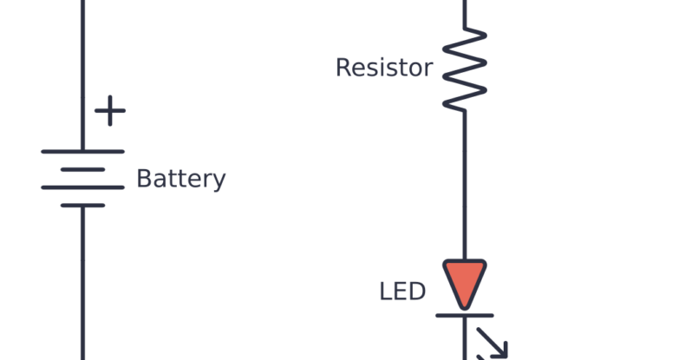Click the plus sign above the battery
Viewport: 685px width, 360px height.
pyautogui.click(x=109, y=111)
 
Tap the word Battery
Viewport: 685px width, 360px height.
pyautogui.click(x=181, y=180)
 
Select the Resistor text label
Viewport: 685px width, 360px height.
pyautogui.click(x=383, y=68)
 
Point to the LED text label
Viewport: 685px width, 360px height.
pyautogui.click(x=402, y=291)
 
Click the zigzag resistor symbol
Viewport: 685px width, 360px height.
pyautogui.click(x=465, y=68)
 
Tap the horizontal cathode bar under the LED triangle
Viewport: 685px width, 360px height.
pyautogui.click(x=465, y=315)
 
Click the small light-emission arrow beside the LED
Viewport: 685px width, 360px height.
pyautogui.click(x=493, y=344)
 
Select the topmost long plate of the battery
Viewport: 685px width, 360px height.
pyautogui.click(x=82, y=152)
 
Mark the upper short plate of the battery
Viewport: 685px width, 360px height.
pyautogui.click(x=82, y=169)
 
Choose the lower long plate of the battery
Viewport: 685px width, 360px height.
pyautogui.click(x=82, y=187)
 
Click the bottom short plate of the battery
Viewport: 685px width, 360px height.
pyautogui.click(x=82, y=206)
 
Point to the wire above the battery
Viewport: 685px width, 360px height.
pyautogui.click(x=82, y=69)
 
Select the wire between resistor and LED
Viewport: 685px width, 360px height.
pyautogui.click(x=465, y=182)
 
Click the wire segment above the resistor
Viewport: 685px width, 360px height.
pyautogui.click(x=465, y=12)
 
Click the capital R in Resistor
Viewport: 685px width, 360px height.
pyautogui.click(x=343, y=68)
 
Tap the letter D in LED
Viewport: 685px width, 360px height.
pyautogui.click(x=416, y=291)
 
